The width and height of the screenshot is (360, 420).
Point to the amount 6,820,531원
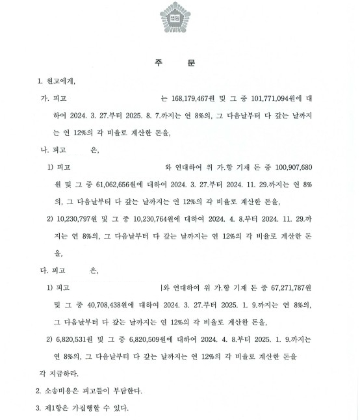82,339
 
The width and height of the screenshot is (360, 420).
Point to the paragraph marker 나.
45,150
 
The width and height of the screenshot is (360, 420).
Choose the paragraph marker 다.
45,268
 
